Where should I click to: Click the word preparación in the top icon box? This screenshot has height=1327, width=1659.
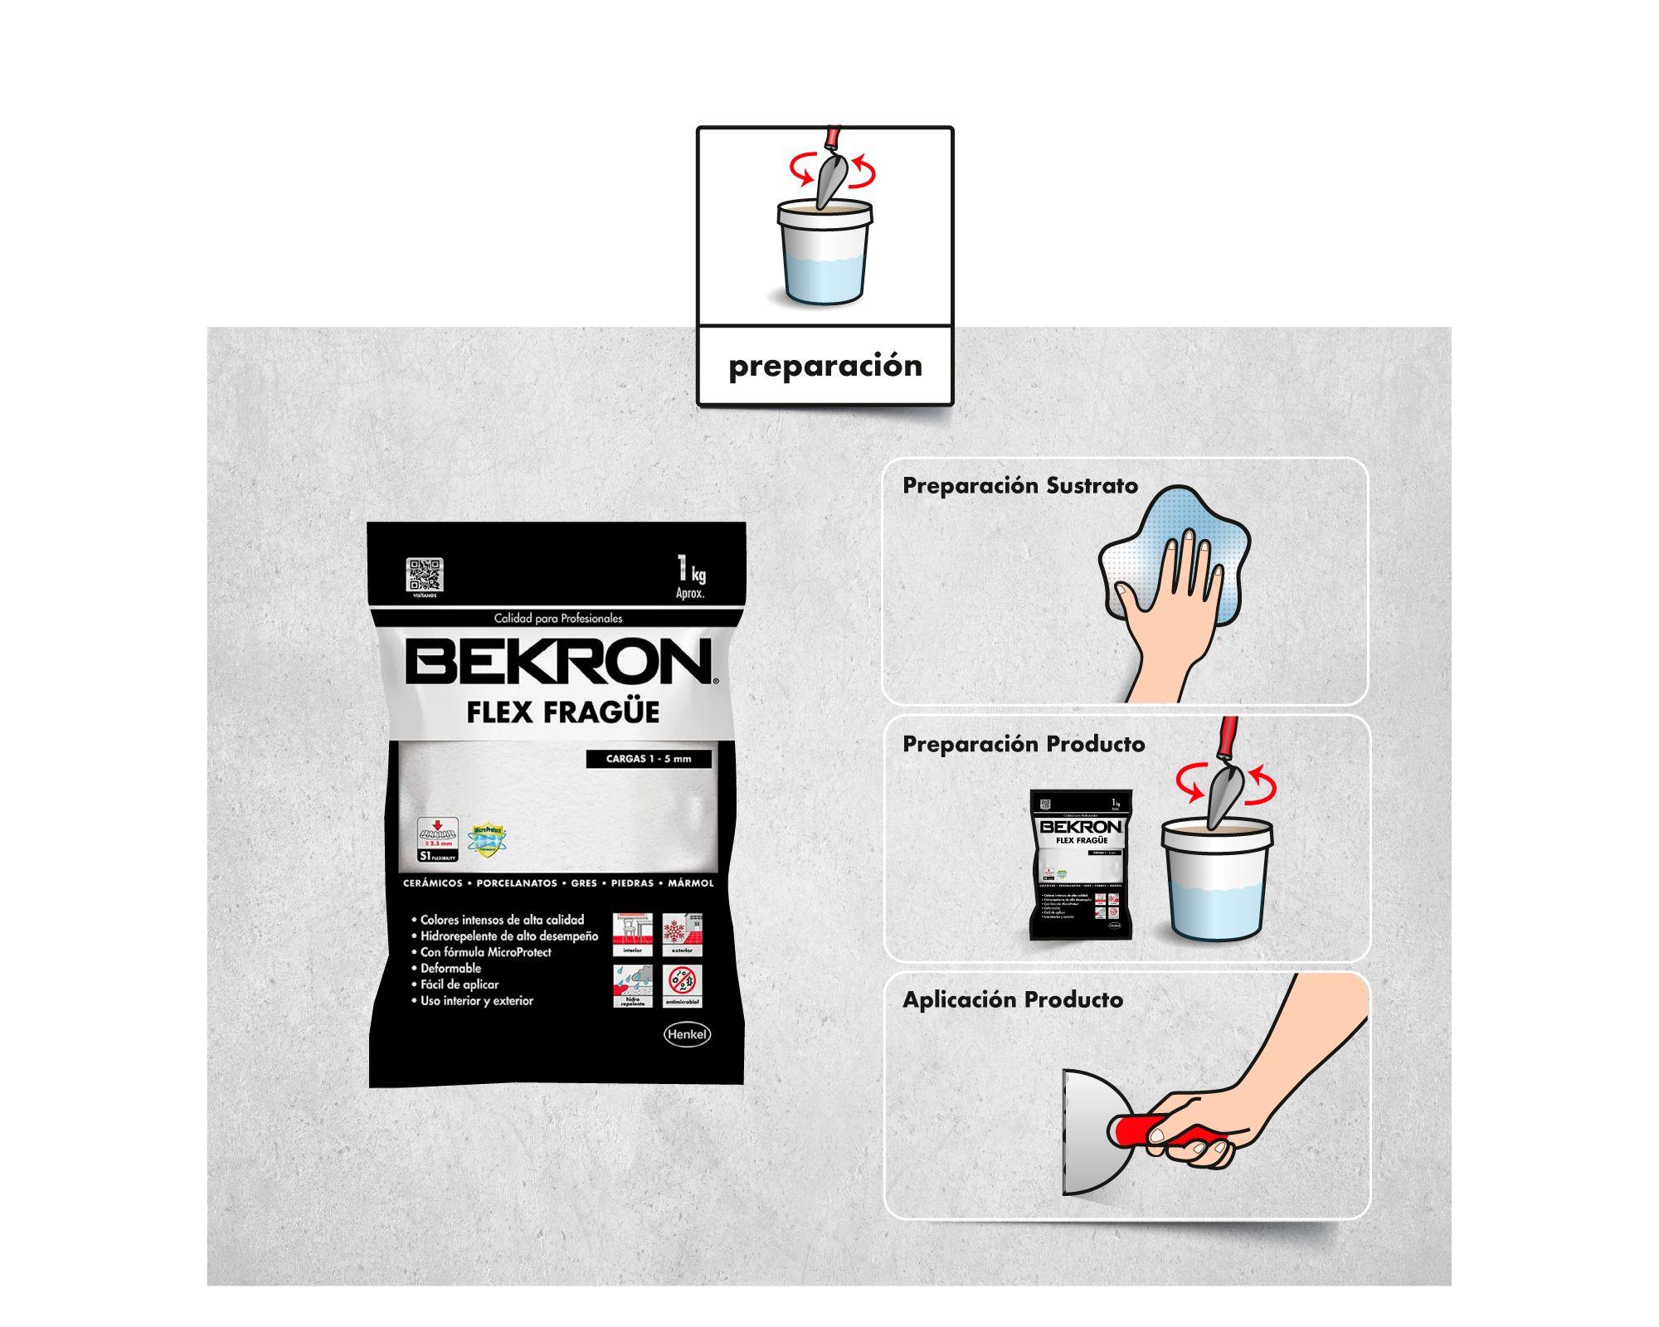coord(825,366)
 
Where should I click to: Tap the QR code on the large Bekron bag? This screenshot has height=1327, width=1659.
coord(424,575)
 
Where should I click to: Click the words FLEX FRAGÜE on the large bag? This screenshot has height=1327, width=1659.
coord(562,712)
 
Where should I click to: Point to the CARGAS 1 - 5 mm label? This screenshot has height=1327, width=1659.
coord(648,759)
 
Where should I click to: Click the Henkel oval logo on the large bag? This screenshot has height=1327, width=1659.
coord(687,1034)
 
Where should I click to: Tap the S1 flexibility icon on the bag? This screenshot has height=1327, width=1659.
coord(439,839)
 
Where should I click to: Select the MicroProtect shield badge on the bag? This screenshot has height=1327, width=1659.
coord(487,838)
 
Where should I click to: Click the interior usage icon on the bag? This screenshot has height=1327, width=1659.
coord(632,935)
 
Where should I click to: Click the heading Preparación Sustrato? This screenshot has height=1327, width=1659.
coord(1019,486)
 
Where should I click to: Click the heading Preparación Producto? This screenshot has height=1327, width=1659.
coord(1023,744)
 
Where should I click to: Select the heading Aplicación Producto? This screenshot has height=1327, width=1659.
coord(1012,1000)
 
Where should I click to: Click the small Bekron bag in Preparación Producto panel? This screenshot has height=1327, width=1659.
coord(1081,864)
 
